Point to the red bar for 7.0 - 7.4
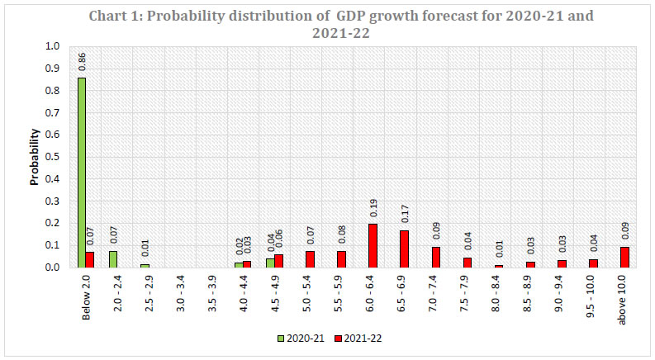pyautogui.click(x=435, y=257)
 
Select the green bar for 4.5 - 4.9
pyautogui.click(x=270, y=263)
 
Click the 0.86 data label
pyautogui.click(x=83, y=63)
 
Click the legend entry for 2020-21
pyautogui.click(x=296, y=338)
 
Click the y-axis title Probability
pyautogui.click(x=36, y=156)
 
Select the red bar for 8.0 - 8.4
pyautogui.click(x=498, y=266)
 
